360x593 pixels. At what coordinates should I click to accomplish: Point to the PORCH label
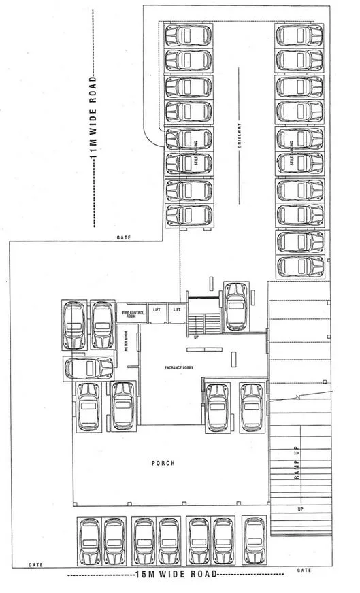(x=163, y=463)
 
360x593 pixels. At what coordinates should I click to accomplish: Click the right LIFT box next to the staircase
(x=177, y=310)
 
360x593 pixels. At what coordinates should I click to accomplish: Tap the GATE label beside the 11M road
(x=124, y=238)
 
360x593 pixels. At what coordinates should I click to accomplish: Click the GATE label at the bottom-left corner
(x=36, y=565)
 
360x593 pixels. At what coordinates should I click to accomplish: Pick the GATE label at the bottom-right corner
(x=306, y=569)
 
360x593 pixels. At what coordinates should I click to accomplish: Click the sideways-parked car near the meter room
(x=89, y=368)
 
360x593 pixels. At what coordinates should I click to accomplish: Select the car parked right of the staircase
(x=237, y=306)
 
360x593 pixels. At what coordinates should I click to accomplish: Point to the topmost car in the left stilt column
(x=189, y=35)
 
